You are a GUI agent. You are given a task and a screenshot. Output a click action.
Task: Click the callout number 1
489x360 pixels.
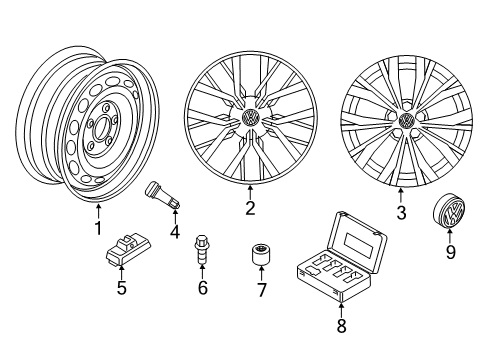(x=98, y=228)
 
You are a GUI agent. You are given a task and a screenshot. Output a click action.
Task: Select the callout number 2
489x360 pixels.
(x=250, y=208)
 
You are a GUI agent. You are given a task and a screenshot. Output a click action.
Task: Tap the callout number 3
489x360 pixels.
(x=401, y=212)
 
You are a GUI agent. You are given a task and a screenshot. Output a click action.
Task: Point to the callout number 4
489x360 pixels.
(x=175, y=232)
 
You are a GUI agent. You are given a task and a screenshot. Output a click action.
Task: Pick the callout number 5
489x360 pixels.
(x=121, y=288)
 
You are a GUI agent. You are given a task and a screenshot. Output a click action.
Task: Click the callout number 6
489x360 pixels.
(x=203, y=288)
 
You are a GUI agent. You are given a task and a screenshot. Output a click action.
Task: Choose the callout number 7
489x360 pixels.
(x=261, y=290)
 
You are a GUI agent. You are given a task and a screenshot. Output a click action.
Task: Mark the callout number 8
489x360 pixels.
(x=341, y=325)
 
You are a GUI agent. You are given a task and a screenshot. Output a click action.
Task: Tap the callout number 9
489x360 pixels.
(x=450, y=252)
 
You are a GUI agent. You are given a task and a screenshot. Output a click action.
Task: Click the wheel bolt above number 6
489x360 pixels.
(x=202, y=250)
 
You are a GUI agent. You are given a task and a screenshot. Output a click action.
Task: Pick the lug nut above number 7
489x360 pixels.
(x=261, y=255)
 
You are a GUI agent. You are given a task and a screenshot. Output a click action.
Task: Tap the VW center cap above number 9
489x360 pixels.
(x=450, y=212)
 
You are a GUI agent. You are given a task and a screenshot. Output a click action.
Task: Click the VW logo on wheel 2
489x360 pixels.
(x=250, y=118)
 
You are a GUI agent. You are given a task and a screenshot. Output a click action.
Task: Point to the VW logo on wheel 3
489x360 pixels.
(x=406, y=119)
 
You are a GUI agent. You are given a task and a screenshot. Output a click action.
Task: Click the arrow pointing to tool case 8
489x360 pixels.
(x=341, y=307)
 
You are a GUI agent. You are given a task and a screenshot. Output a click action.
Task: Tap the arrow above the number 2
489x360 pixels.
(x=250, y=192)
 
